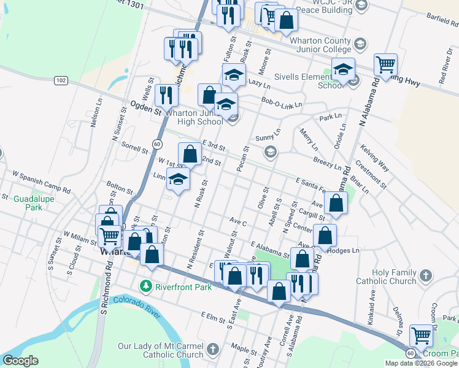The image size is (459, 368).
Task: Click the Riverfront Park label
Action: [x=183, y=286]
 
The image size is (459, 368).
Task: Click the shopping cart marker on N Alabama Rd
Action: [x=385, y=64]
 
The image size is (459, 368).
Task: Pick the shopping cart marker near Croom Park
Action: [x=421, y=335]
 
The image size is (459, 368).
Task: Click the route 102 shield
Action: [x=60, y=80]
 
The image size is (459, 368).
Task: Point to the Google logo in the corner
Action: [x=20, y=361]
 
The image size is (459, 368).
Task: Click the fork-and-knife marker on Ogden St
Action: [x=166, y=95]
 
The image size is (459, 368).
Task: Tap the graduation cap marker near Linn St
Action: [x=178, y=179]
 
